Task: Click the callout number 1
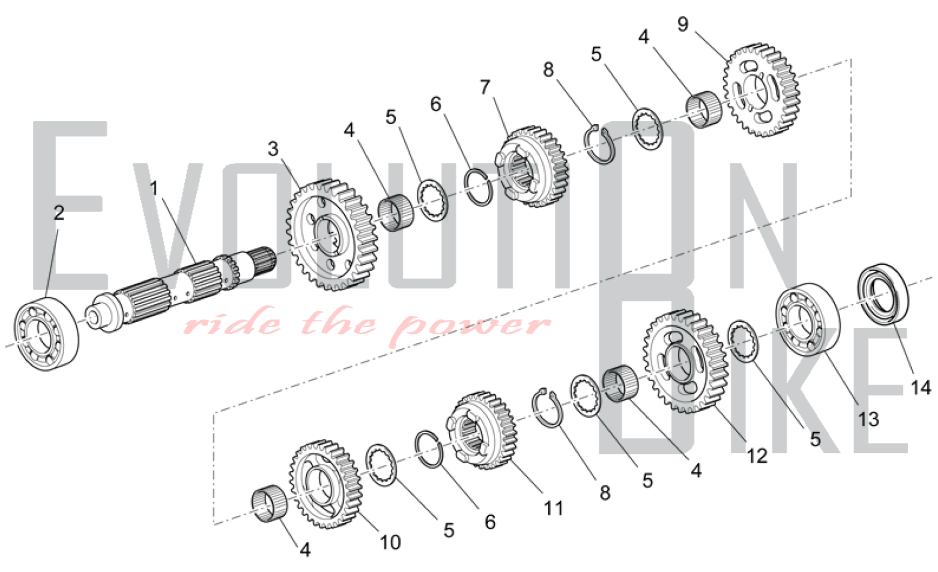click(x=154, y=188)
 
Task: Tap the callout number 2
click(x=59, y=213)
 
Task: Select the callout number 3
click(x=273, y=149)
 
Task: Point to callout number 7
click(x=485, y=87)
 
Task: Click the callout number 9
click(x=683, y=24)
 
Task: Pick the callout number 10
click(x=390, y=542)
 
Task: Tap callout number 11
click(x=553, y=508)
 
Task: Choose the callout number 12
click(x=757, y=456)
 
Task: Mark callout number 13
click(x=868, y=419)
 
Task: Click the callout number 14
click(x=921, y=388)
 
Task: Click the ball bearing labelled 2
click(x=46, y=334)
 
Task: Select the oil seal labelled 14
click(x=883, y=294)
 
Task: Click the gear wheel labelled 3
click(x=332, y=234)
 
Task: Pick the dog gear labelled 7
click(x=532, y=167)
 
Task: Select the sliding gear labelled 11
click(x=483, y=430)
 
